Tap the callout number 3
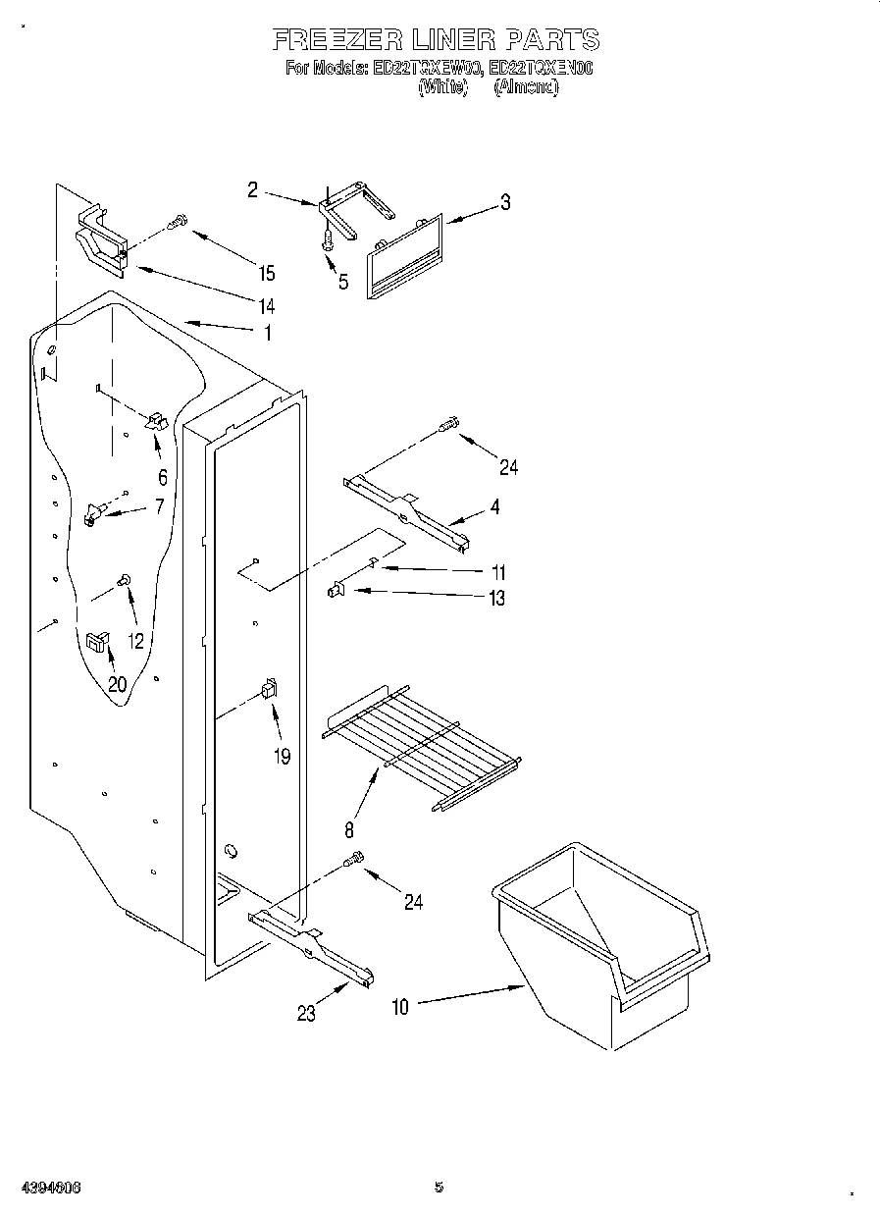coord(504,203)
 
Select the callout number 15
coord(265,274)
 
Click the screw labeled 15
coord(178,223)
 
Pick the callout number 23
coord(307,1013)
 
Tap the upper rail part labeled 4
coord(406,509)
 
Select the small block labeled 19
coord(268,690)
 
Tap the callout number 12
coord(135,641)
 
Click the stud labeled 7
coord(95,511)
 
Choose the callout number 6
coord(162,478)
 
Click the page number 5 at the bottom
coord(439,1187)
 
